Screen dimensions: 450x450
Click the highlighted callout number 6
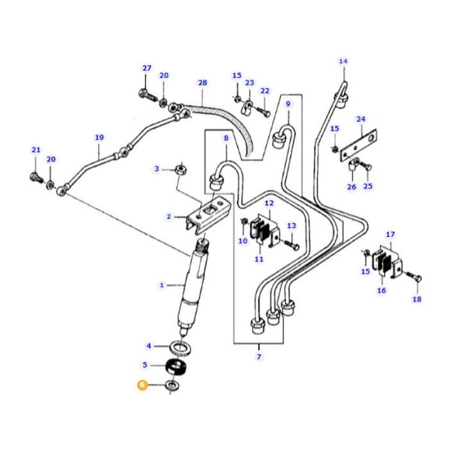(141, 385)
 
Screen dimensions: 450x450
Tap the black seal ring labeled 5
(175, 366)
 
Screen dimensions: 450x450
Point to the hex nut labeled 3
(181, 170)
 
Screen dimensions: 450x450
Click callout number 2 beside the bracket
(168, 217)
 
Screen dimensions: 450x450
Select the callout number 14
(343, 62)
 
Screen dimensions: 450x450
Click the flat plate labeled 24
(361, 139)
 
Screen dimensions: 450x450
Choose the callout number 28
(203, 83)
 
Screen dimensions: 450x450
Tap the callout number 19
(99, 138)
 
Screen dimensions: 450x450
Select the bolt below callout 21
(36, 175)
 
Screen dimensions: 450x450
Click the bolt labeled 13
(286, 245)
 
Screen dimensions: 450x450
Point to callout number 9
(288, 104)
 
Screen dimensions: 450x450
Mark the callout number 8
(226, 138)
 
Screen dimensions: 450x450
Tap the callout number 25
(368, 186)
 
